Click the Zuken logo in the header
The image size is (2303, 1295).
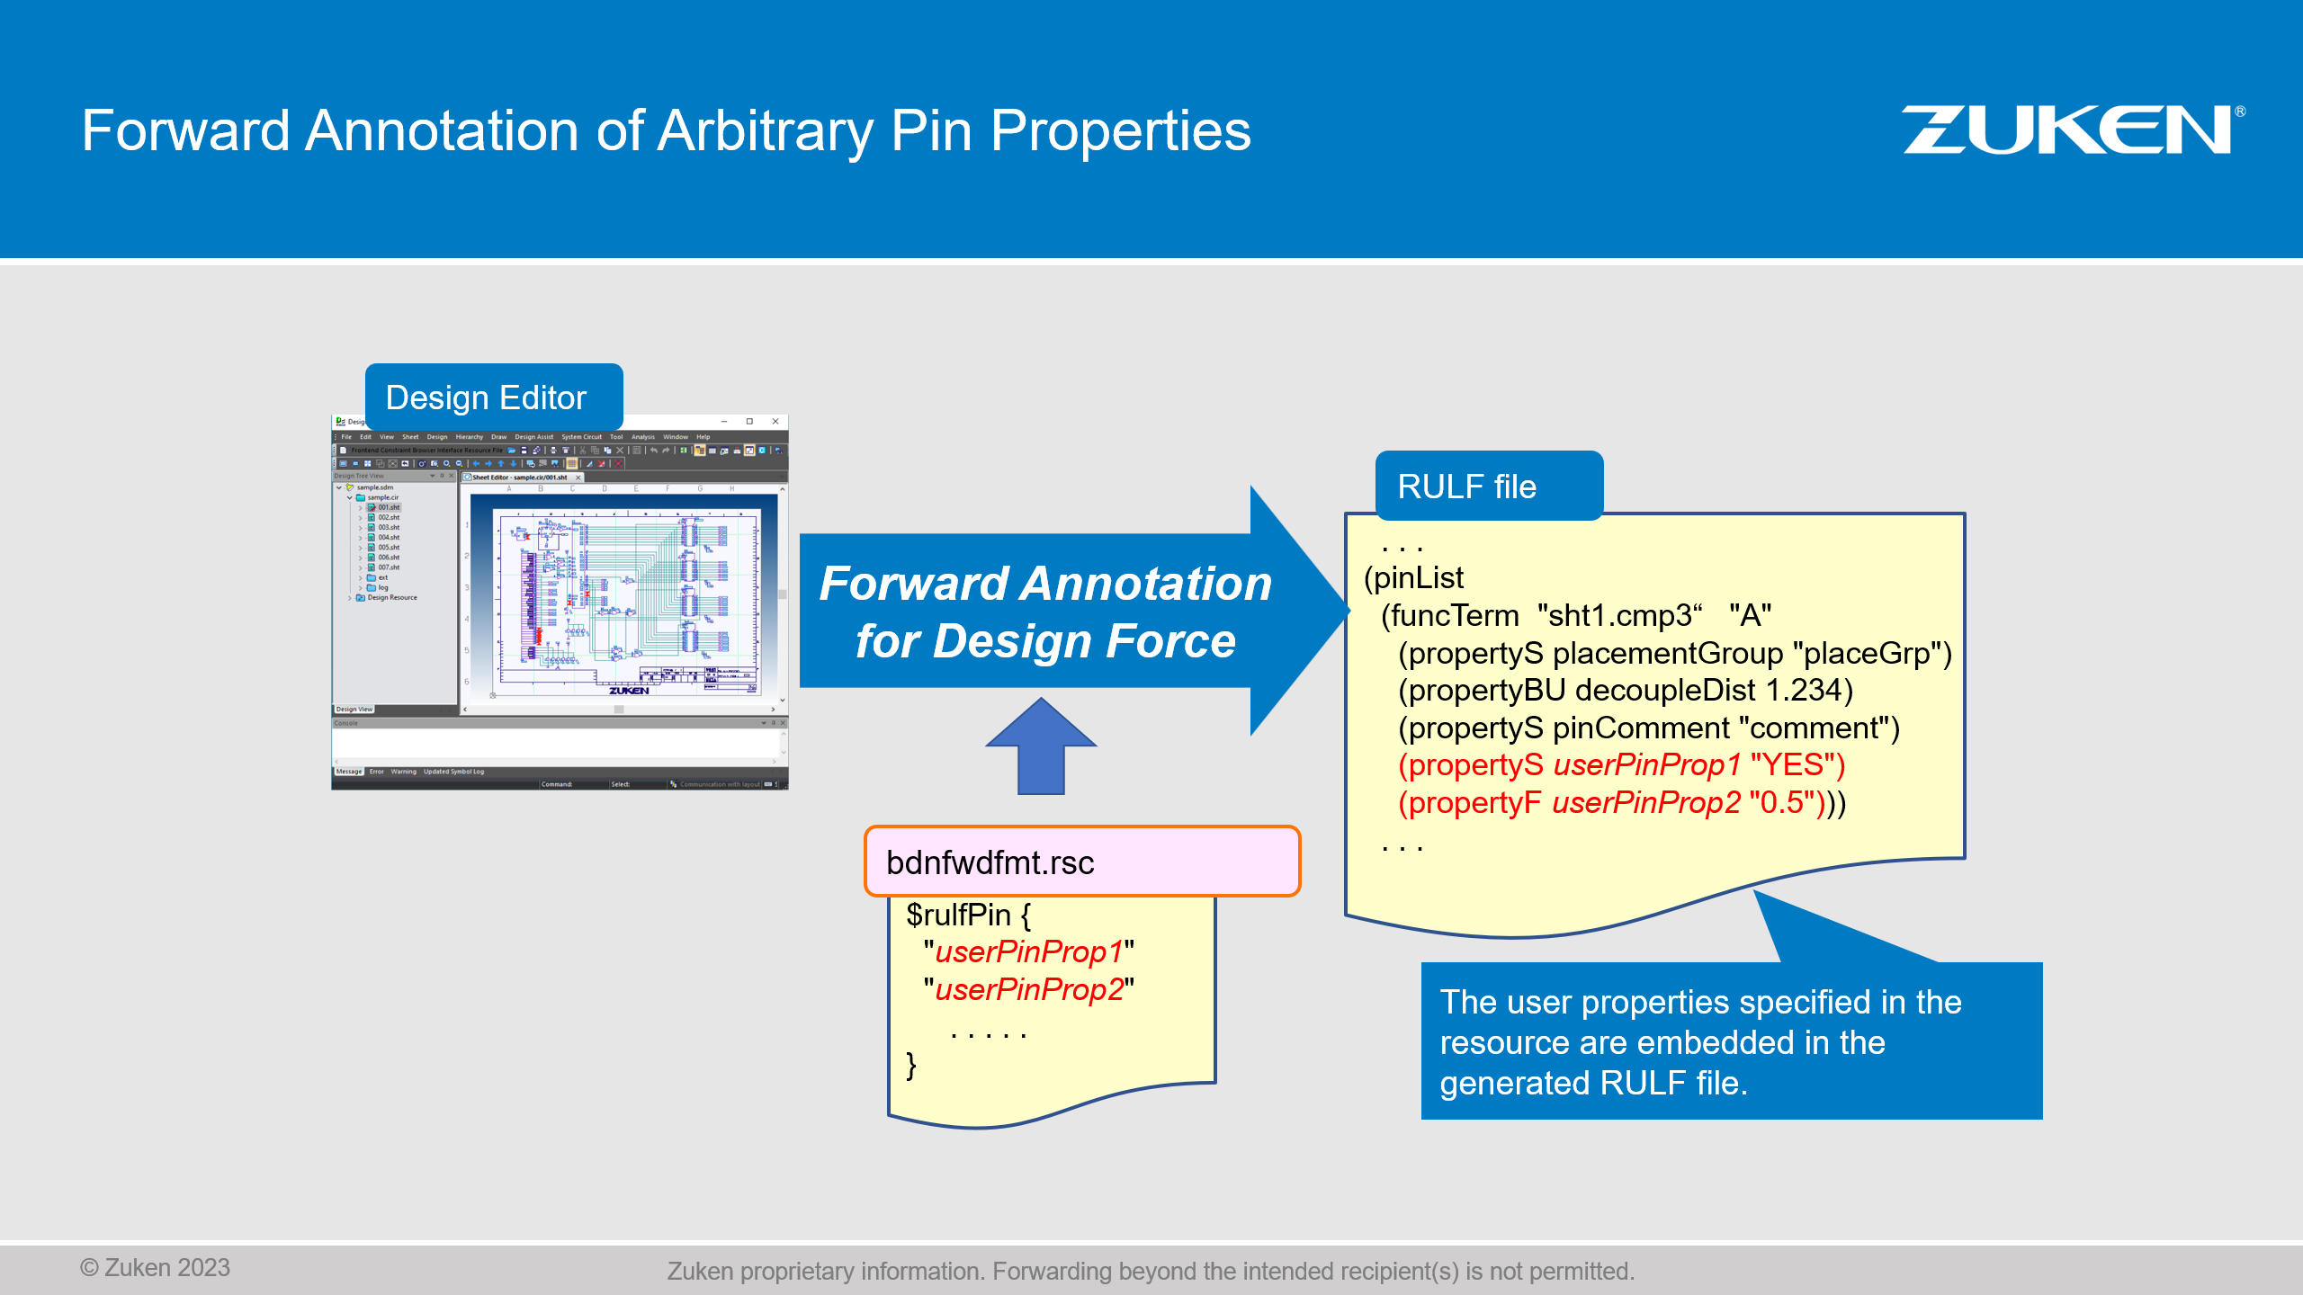click(2069, 130)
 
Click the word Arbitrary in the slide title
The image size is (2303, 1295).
click(765, 131)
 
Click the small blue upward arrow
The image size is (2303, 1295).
click(1041, 746)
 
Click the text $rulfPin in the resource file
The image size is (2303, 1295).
click(958, 915)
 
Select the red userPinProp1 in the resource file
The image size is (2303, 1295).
click(1029, 951)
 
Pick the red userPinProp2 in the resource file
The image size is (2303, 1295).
click(1029, 989)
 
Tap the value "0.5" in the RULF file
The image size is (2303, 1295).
click(1781, 802)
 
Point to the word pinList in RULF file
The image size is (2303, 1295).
click(1418, 578)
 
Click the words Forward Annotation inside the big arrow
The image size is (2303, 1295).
click(1045, 584)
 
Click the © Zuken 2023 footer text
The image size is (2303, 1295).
click(155, 1267)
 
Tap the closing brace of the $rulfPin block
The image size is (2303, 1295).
click(910, 1065)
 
